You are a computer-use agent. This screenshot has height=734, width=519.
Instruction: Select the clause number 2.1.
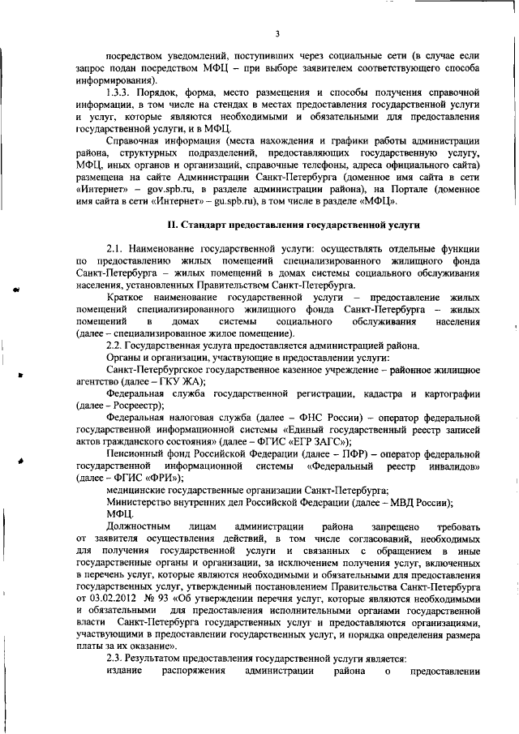coord(115,247)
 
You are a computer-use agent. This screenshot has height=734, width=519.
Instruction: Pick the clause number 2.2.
coord(115,346)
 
